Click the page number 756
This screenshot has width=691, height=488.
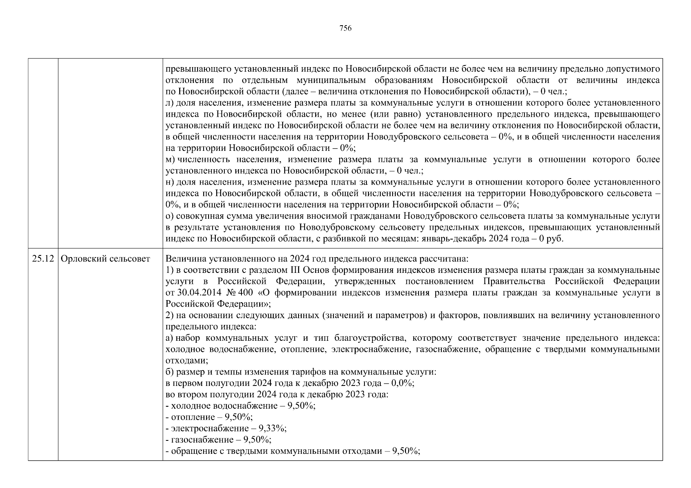(x=345, y=28)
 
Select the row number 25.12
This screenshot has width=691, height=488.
(x=43, y=259)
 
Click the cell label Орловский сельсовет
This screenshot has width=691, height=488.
(x=105, y=259)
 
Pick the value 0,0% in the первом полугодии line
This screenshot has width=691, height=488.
(x=402, y=383)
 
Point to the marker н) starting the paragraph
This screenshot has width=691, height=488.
(x=170, y=182)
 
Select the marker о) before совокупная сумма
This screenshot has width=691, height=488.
(x=170, y=216)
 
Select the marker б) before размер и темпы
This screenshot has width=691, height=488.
(x=170, y=372)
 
